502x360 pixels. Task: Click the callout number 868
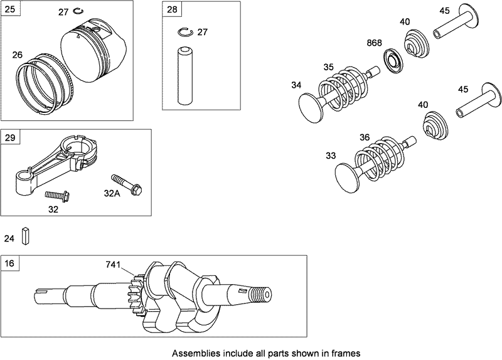(x=375, y=43)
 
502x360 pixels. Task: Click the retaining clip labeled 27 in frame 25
(x=79, y=11)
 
